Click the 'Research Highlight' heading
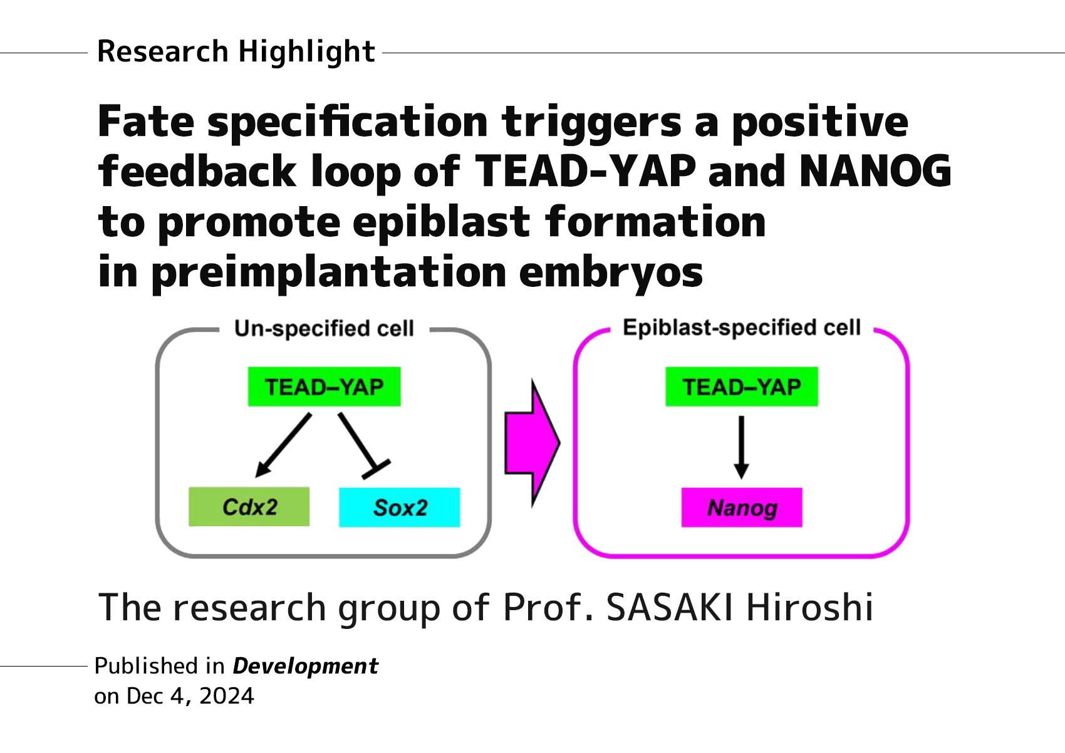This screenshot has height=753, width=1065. coord(236,52)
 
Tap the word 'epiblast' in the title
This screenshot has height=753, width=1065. coord(442,222)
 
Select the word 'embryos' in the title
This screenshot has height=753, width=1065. coord(611,273)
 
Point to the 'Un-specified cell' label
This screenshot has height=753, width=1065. coord(324,328)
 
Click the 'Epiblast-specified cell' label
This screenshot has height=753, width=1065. coord(742,328)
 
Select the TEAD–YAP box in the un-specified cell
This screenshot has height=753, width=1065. coord(324,387)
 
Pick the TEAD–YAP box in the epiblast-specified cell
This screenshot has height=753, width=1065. coord(742,387)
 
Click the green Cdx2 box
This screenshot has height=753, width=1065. coord(249,507)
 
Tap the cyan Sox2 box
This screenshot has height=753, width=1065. coord(400,507)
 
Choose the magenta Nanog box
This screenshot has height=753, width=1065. coord(742,507)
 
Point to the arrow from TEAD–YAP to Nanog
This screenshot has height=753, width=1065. coord(742,446)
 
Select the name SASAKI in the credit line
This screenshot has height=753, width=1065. coord(670,608)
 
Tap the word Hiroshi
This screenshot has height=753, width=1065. coord(809,608)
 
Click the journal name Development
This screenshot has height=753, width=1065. coord(305,667)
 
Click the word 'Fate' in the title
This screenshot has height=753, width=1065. coord(146,122)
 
